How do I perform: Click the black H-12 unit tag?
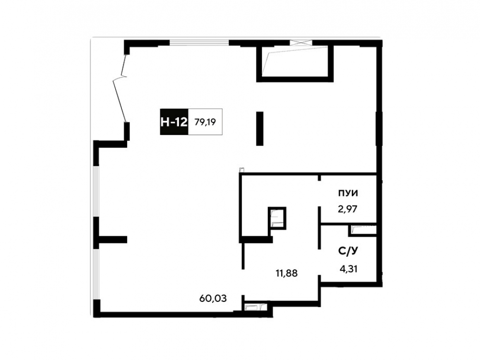coord(174,122)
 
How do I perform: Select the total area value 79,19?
coord(205,122)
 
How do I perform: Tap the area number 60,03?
coord(213,298)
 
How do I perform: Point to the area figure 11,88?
coord(287,273)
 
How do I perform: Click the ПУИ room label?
coord(348,193)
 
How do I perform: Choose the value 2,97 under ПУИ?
coord(348,209)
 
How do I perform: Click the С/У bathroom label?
coord(348,252)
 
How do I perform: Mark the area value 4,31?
coord(348,269)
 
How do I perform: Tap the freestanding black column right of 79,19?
coord(260,129)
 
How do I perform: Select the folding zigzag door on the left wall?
coord(120,88)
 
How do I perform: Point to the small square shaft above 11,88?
coord(277,218)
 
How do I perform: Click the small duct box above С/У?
coord(362,230)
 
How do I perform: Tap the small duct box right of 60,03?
coord(254,306)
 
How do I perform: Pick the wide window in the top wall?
coord(199,43)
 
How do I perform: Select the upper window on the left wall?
coord(96,192)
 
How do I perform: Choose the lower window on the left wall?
coord(96,274)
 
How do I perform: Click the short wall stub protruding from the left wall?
coord(113,240)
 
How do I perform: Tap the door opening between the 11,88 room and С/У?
coord(319,263)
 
